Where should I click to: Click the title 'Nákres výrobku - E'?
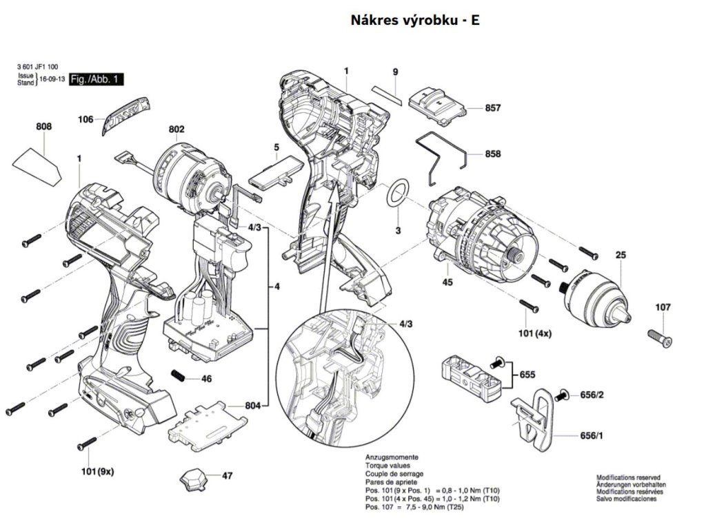[414, 20]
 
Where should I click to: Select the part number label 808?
[43, 127]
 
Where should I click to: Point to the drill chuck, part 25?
[596, 296]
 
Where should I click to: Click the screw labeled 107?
[660, 338]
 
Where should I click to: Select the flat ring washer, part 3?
[398, 192]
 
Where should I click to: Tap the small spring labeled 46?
[179, 375]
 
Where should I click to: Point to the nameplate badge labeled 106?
[126, 114]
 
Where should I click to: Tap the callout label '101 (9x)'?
[95, 471]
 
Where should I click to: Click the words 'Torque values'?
[387, 466]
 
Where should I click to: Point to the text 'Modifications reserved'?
[629, 477]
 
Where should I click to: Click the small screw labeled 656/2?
[562, 395]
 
